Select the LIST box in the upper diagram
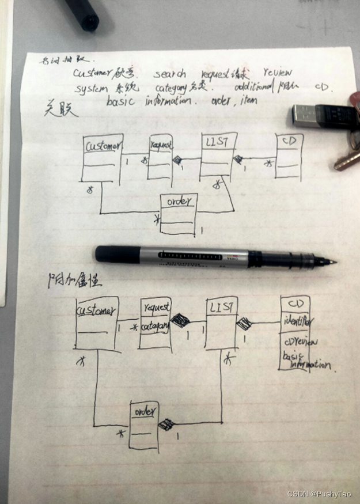tap(218, 156)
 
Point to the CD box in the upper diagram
tap(289, 157)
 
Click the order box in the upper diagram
tap(179, 214)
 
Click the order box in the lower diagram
tap(143, 425)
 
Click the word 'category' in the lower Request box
tap(154, 327)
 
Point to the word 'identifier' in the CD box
tap(298, 320)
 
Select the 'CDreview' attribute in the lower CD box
tap(299, 342)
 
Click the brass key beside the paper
tap(347, 159)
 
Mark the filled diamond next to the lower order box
tap(166, 425)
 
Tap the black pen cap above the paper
tap(84, 13)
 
